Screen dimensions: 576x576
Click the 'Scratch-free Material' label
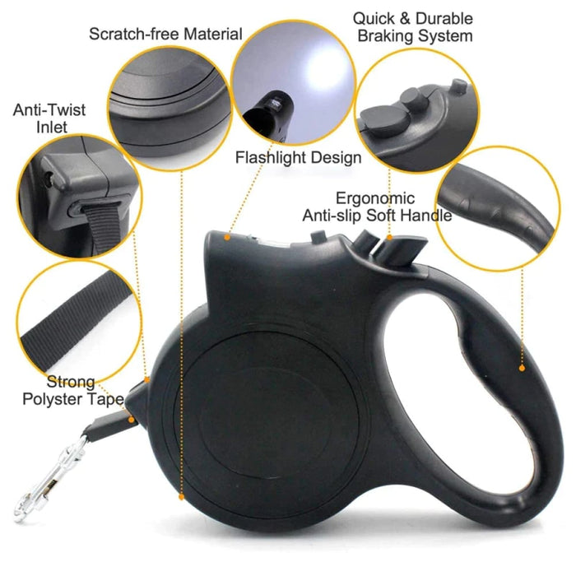[x=165, y=34]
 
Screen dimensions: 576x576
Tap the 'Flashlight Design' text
[x=298, y=157]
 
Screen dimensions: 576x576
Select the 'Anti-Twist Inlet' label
[x=49, y=118]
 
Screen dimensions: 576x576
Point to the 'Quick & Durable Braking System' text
[x=412, y=26]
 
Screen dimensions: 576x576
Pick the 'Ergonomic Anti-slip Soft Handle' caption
[x=377, y=207]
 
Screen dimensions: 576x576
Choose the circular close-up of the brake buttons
[x=416, y=114]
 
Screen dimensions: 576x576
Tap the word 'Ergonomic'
[x=374, y=198]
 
